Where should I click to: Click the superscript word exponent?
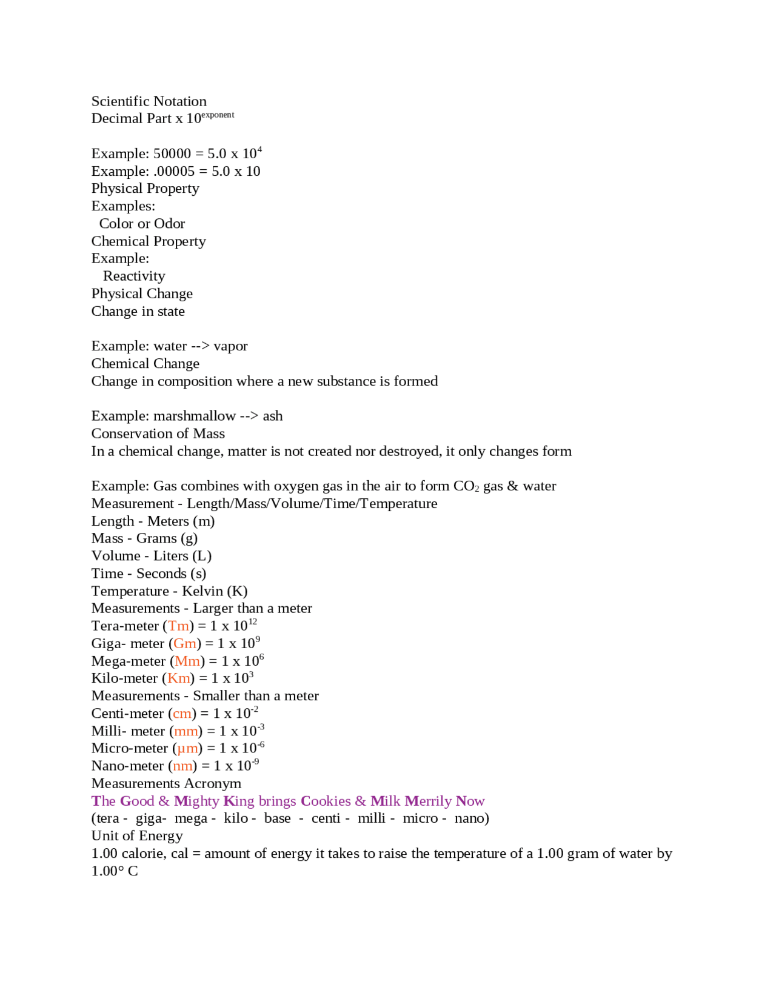[x=218, y=115]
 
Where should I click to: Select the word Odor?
[x=170, y=224]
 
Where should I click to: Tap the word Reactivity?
[x=134, y=276]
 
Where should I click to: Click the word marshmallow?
[x=195, y=416]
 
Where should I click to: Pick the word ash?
[x=273, y=416]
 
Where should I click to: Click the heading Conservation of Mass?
[x=158, y=433]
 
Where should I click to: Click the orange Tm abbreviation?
[x=179, y=626]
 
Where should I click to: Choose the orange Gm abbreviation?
[x=185, y=644]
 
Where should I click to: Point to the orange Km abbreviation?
[x=179, y=678]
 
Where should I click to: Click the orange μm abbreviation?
[x=187, y=749]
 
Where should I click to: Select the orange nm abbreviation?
[x=182, y=766]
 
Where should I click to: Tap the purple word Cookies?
[x=326, y=801]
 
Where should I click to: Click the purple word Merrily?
[x=428, y=801]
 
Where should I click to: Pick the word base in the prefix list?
[x=278, y=818]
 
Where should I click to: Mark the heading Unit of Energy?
[x=137, y=836]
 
